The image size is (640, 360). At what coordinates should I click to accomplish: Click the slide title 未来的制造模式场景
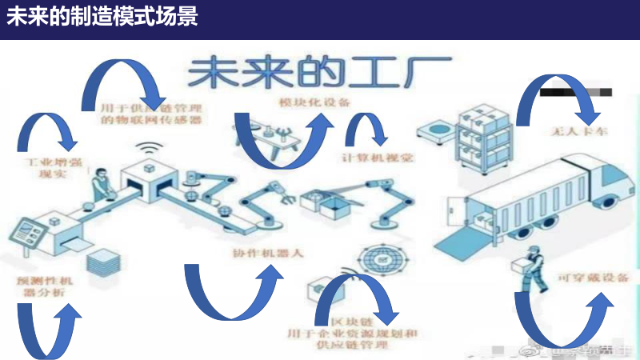coord(102,17)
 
